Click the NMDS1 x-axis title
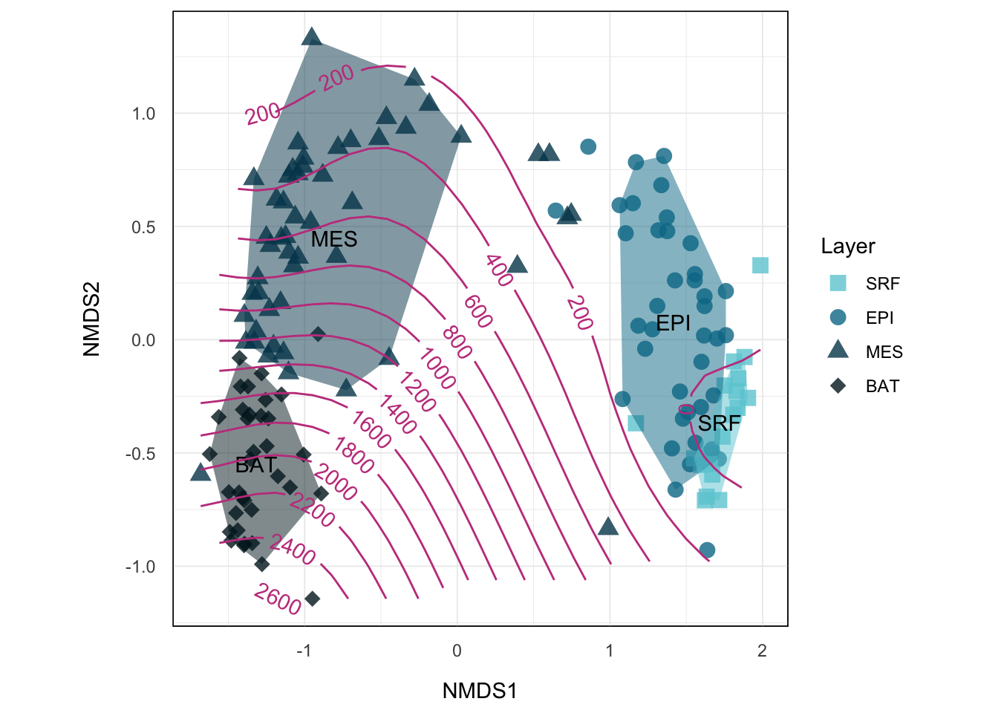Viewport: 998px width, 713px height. click(x=479, y=691)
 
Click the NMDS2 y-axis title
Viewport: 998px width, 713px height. click(x=91, y=319)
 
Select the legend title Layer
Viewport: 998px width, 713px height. click(x=847, y=247)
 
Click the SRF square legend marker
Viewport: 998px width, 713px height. click(x=838, y=283)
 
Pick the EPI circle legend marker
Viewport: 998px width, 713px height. click(x=838, y=317)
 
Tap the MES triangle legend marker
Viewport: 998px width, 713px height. click(x=838, y=351)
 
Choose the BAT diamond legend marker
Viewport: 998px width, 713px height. click(x=838, y=385)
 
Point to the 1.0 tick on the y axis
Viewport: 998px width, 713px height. click(x=143, y=114)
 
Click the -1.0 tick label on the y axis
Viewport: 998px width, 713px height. click(x=140, y=567)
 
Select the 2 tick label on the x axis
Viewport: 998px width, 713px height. click(x=762, y=651)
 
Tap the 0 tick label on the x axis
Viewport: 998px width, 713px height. click(x=457, y=651)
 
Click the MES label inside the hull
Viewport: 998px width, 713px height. click(x=334, y=239)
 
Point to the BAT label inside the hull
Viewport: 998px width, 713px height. click(x=255, y=465)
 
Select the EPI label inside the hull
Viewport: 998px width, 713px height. click(x=674, y=323)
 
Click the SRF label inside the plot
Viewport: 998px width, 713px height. click(x=719, y=423)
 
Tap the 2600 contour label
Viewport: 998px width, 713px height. click(x=278, y=599)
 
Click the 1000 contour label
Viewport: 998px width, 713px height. click(x=437, y=368)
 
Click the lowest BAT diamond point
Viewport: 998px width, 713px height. click(x=313, y=599)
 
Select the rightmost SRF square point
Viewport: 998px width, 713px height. click(x=760, y=265)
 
